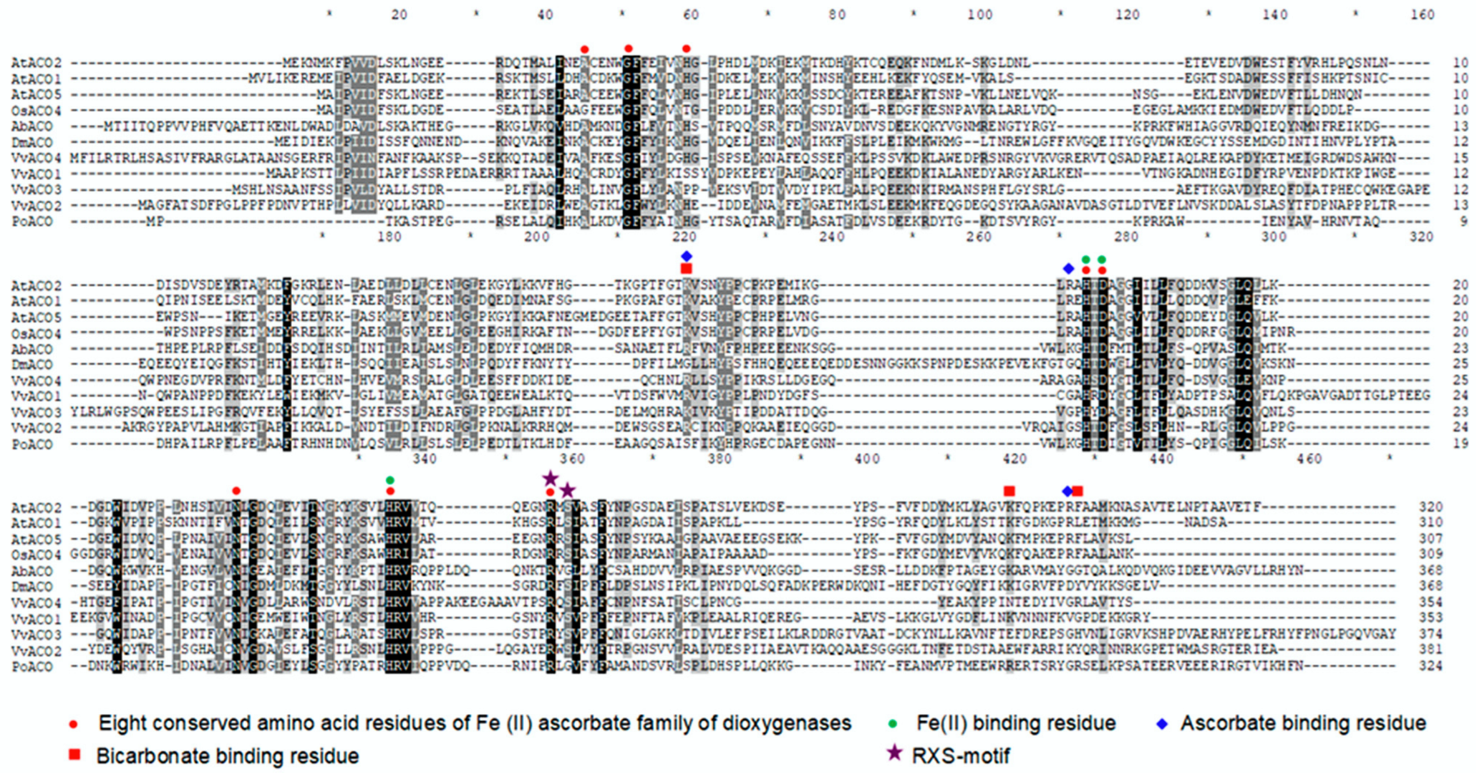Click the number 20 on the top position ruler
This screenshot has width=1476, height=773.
click(x=399, y=15)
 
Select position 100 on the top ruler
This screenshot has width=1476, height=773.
click(x=980, y=15)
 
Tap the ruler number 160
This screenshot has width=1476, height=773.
click(x=1422, y=15)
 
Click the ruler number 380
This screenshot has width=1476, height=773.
click(x=720, y=459)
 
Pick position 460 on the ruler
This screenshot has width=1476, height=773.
click(x=1309, y=459)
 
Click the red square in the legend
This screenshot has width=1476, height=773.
click(x=74, y=755)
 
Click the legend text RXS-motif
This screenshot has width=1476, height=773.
click(x=961, y=756)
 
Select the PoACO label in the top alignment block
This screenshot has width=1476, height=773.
click(x=32, y=222)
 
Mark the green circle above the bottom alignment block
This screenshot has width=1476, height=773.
click(x=390, y=480)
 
